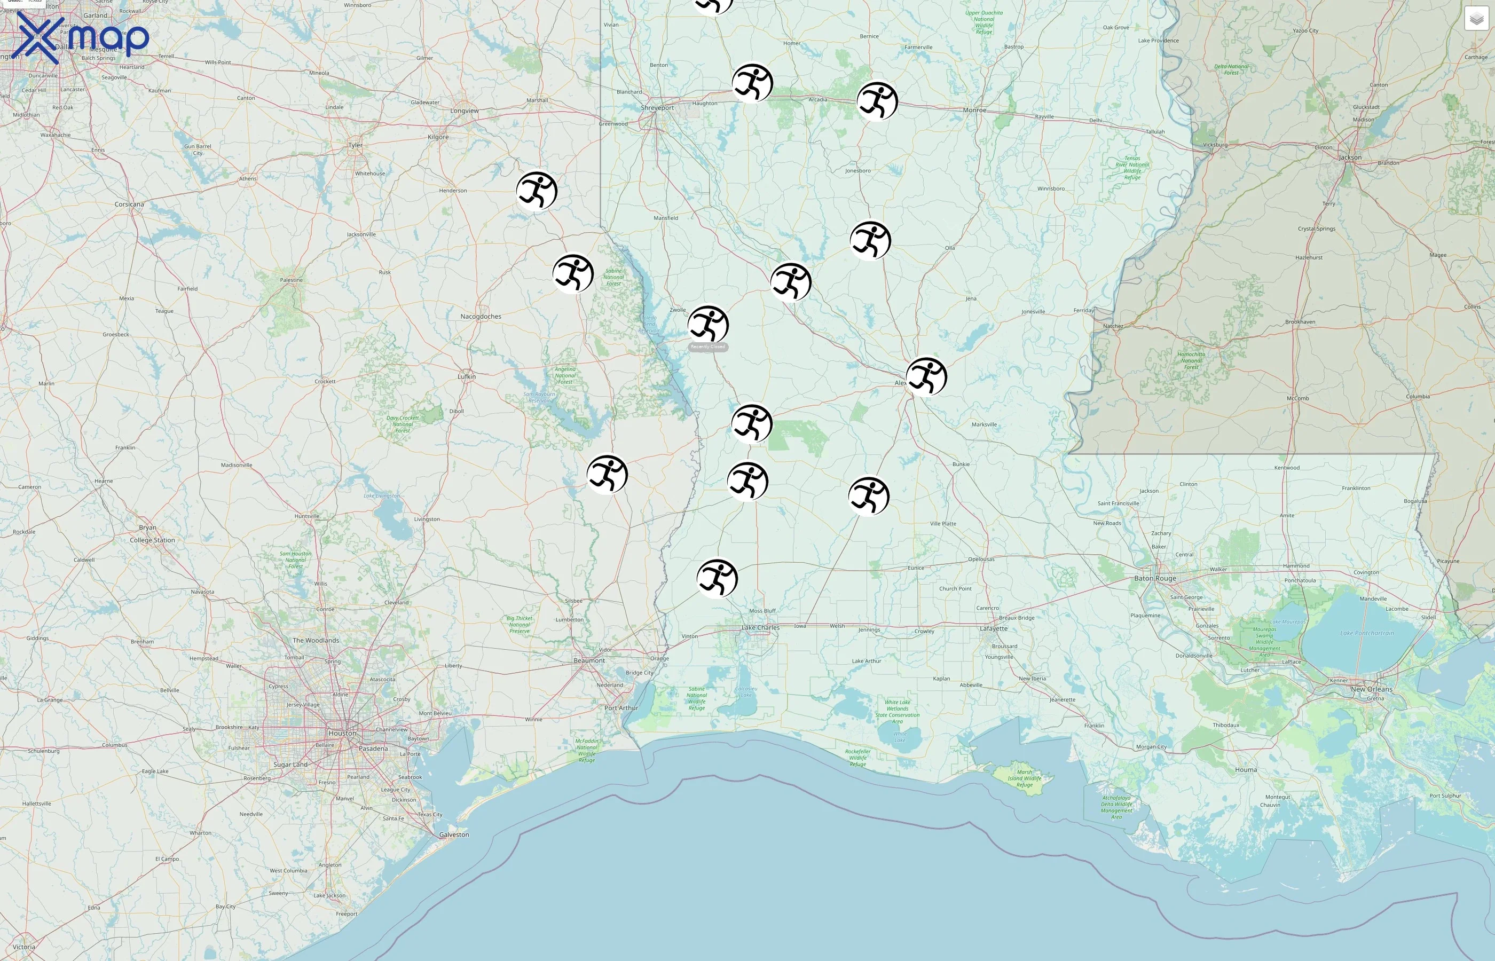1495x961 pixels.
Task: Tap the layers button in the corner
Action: [x=1476, y=19]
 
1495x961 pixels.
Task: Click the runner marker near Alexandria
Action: [x=926, y=377]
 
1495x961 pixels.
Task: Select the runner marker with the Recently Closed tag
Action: [x=708, y=325]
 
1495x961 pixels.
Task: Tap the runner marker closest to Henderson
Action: [x=537, y=192]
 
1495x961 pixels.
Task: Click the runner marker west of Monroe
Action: [x=877, y=101]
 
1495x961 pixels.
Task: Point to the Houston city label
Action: [x=342, y=733]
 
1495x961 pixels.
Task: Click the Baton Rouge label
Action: [x=1155, y=579]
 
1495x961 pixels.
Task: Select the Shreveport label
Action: [x=657, y=108]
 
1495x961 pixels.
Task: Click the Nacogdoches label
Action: [x=481, y=317]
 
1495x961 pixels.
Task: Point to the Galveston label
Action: [x=454, y=834]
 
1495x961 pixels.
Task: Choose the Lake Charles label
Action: [x=760, y=628]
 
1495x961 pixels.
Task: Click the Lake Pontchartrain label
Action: [x=1366, y=633]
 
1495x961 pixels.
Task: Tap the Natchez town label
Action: [x=1113, y=326]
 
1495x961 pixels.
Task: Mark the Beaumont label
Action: [x=589, y=660]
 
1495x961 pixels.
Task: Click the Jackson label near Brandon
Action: [x=1350, y=157]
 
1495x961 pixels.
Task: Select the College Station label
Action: [x=152, y=540]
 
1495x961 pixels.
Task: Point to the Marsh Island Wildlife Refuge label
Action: [x=1024, y=778]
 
